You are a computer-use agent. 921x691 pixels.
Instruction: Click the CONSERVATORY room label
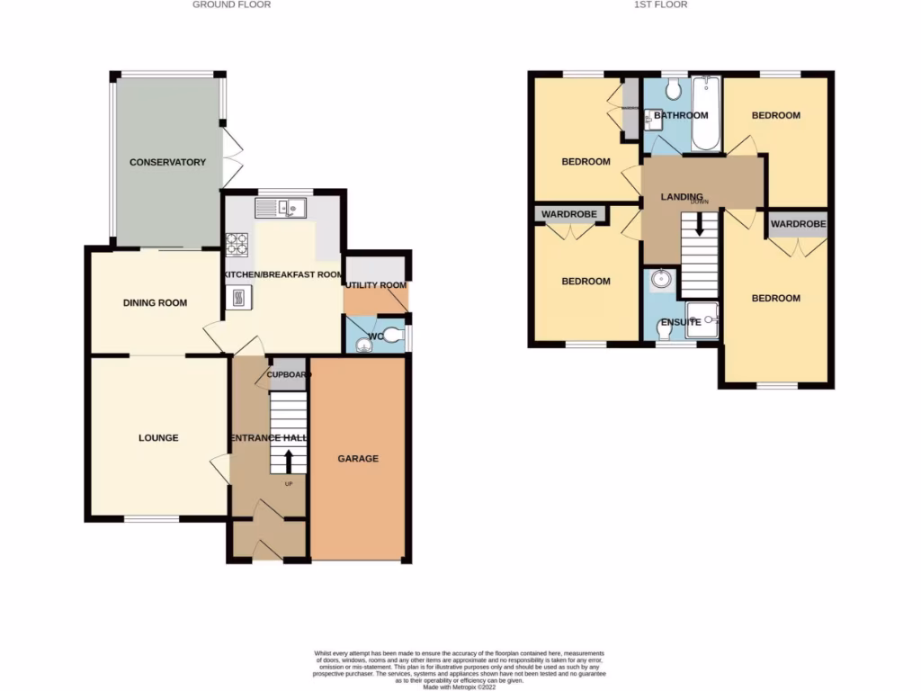167,163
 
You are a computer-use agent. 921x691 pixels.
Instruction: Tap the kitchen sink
281,209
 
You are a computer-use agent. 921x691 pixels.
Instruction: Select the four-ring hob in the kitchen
237,245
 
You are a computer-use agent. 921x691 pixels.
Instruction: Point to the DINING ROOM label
155,303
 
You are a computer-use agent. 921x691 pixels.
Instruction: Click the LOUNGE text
158,438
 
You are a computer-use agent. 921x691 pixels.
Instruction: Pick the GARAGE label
358,459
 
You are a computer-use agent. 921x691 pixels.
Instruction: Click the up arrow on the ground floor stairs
289,461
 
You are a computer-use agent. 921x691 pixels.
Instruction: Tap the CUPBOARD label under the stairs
289,374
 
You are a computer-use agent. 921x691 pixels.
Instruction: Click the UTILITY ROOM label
376,285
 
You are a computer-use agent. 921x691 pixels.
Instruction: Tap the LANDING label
681,197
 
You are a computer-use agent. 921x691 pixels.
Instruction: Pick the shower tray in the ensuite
702,319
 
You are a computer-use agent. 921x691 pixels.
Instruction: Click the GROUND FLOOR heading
232,4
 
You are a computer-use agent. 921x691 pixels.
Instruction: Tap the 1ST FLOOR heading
666,4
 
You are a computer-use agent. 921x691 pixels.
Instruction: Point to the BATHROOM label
681,115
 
